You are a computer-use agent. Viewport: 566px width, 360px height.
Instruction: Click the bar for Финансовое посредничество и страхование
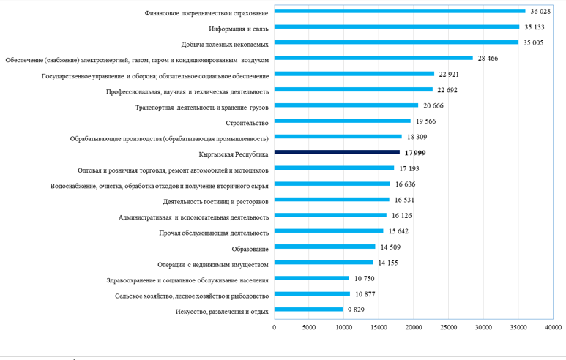400,11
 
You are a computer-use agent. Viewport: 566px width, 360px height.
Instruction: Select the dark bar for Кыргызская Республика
337,153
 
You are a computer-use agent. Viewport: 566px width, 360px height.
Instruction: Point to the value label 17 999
415,153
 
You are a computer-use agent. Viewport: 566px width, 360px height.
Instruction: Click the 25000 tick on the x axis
448,326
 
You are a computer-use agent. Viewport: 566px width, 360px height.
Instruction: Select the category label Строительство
247,121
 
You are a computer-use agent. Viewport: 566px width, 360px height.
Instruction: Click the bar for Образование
325,247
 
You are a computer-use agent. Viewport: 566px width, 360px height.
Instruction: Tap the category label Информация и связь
239,28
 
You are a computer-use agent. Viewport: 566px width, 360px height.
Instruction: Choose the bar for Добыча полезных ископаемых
396,43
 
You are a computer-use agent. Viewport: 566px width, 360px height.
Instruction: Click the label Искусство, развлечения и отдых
223,312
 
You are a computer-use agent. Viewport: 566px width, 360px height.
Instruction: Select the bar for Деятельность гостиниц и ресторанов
332,200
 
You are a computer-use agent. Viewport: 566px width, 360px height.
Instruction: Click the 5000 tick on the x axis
309,326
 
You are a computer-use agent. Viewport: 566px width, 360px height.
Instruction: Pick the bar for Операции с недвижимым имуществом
324,263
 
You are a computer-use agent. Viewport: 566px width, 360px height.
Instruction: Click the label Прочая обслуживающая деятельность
214,233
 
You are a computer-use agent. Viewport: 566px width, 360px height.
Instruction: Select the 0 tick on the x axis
275,326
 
